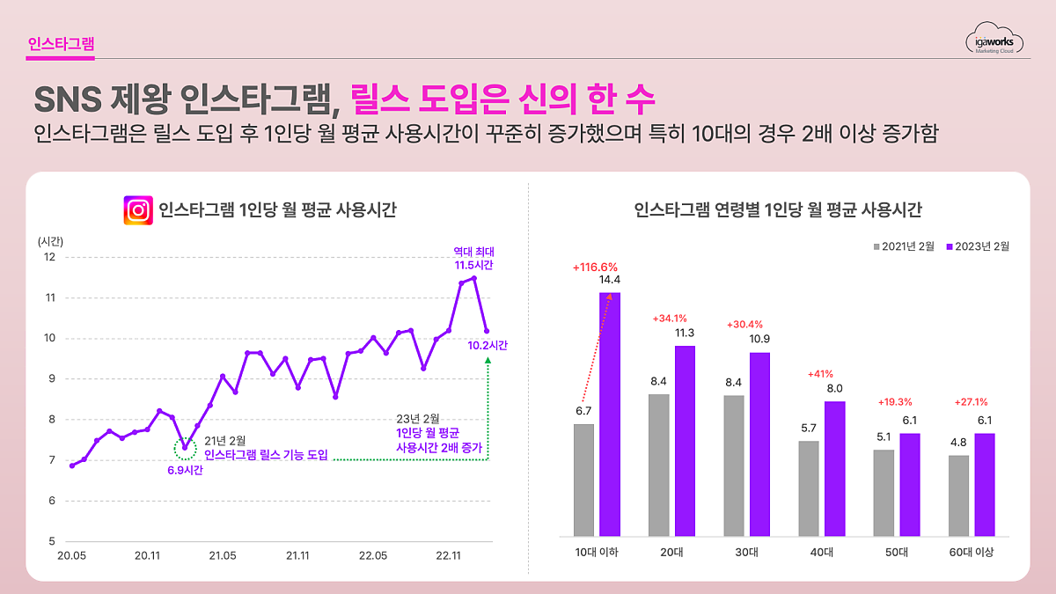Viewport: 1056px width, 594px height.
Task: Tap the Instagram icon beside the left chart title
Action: [x=138, y=211]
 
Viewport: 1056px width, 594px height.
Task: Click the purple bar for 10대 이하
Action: [x=610, y=414]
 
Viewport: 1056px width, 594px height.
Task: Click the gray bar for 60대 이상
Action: [x=958, y=495]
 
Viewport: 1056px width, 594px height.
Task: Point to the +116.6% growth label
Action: [x=595, y=267]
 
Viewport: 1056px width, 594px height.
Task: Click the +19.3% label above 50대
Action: [x=895, y=402]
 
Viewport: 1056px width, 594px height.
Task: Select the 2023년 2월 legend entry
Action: [x=976, y=246]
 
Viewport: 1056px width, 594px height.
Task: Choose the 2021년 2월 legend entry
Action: [x=904, y=246]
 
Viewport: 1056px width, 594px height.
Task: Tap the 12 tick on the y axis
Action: [x=50, y=257]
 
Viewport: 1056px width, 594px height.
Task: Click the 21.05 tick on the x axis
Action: [x=223, y=555]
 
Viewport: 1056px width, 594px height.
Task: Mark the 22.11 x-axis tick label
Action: [x=449, y=555]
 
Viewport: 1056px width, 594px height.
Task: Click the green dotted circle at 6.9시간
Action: [x=185, y=448]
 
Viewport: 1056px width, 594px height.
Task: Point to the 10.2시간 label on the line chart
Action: [x=488, y=345]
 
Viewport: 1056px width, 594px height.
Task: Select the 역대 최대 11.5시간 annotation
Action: [x=473, y=258]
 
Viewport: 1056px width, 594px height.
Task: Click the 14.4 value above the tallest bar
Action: [x=610, y=280]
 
